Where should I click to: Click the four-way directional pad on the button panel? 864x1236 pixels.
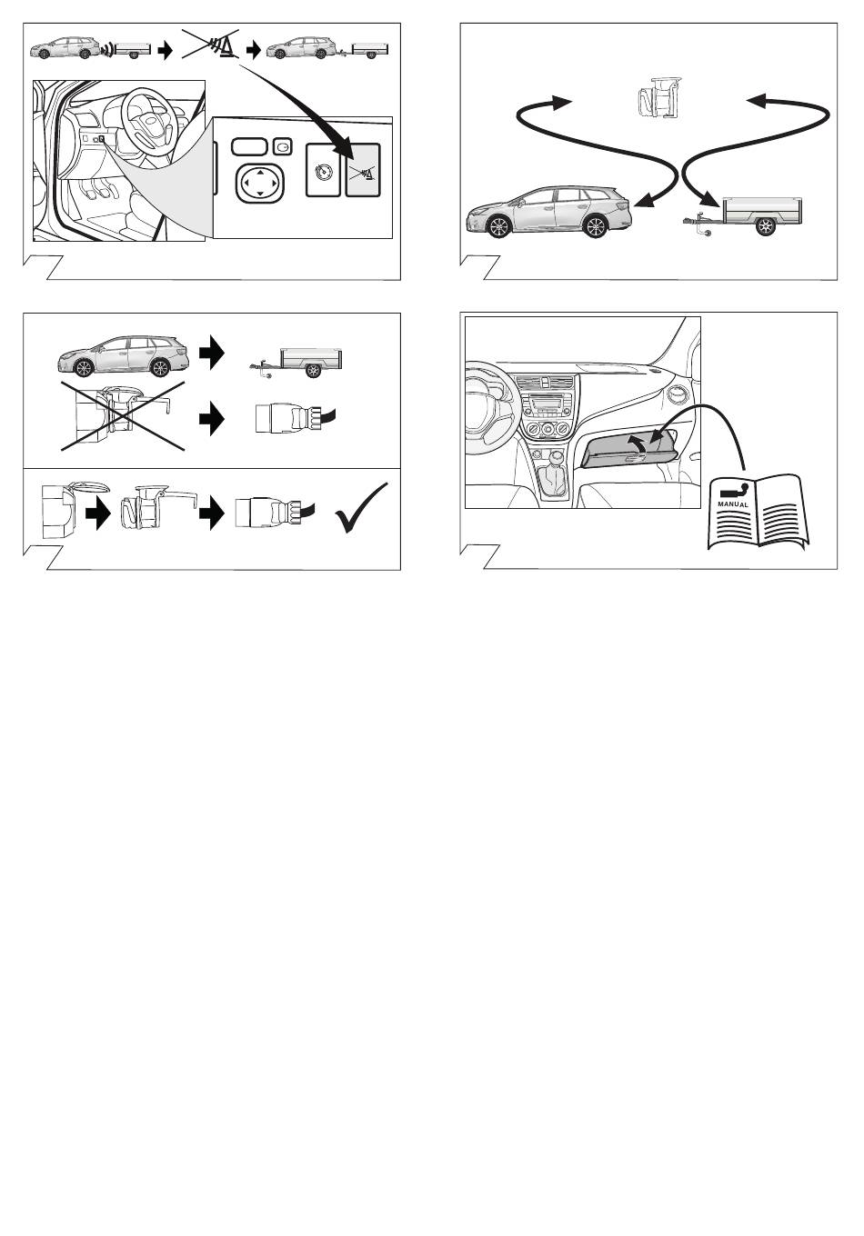point(260,182)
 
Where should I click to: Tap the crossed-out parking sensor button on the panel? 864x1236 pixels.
point(363,170)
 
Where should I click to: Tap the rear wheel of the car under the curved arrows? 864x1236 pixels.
point(595,226)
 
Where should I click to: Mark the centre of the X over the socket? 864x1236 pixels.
point(123,415)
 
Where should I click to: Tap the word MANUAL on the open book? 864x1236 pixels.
point(732,505)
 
